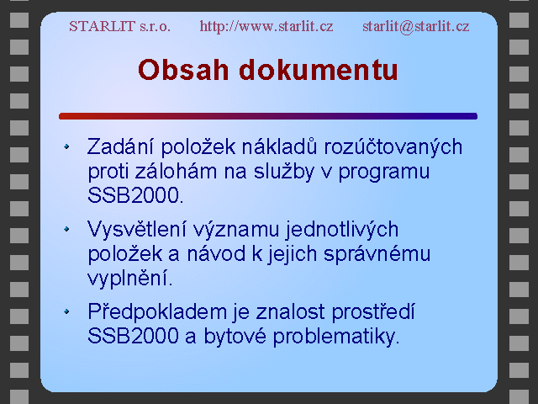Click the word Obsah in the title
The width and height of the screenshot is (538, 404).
coord(183,70)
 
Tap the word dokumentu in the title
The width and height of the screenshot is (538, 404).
coord(319,70)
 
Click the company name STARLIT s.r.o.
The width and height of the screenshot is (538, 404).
coord(119,26)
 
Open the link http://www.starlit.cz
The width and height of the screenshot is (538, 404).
coord(266,26)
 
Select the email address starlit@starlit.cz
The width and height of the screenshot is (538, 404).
coord(416,26)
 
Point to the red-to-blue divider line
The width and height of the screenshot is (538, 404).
coord(268,116)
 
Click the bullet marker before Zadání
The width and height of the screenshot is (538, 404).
coord(66,146)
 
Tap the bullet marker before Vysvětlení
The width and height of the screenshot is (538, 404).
coord(66,229)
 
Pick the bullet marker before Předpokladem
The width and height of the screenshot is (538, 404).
coord(66,311)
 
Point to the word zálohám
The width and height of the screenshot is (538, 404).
coord(176,171)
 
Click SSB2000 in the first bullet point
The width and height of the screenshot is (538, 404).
coord(134,195)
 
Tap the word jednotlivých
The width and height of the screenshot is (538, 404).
coord(342,230)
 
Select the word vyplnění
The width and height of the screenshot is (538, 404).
coord(129,279)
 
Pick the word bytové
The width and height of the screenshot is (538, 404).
coord(235,337)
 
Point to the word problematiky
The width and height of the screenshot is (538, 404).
coord(336,337)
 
